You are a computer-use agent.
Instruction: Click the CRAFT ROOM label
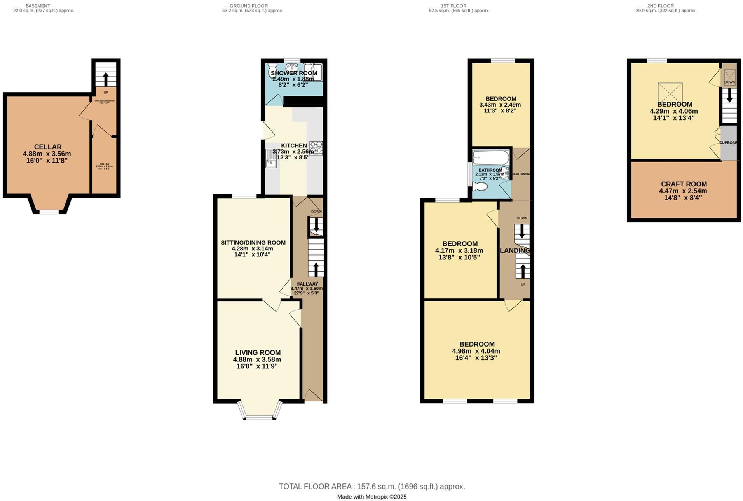pyautogui.click(x=684, y=184)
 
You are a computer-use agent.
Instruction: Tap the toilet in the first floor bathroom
pyautogui.click(x=480, y=187)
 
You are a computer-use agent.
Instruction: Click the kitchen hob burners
pyautogui.click(x=316, y=148)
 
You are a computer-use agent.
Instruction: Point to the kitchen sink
pyautogui.click(x=271, y=158)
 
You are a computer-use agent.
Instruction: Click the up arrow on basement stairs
pyautogui.click(x=106, y=79)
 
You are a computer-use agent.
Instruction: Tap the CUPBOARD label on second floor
pyautogui.click(x=728, y=143)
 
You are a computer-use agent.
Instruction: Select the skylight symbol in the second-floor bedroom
pyautogui.click(x=670, y=93)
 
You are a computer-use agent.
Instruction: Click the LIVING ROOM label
pyautogui.click(x=258, y=353)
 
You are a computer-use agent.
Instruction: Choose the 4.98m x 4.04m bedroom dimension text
pyautogui.click(x=476, y=351)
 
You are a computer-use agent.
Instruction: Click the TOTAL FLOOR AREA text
pyautogui.click(x=371, y=487)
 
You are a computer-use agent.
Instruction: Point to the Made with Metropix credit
pyautogui.click(x=371, y=497)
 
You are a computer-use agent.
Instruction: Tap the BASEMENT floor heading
pyautogui.click(x=38, y=6)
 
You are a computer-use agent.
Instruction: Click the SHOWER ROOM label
pyautogui.click(x=294, y=73)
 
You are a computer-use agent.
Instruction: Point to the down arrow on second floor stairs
pyautogui.click(x=729, y=95)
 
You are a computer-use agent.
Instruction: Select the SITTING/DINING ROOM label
pyautogui.click(x=253, y=243)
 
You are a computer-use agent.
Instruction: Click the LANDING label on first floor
pyautogui.click(x=515, y=250)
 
